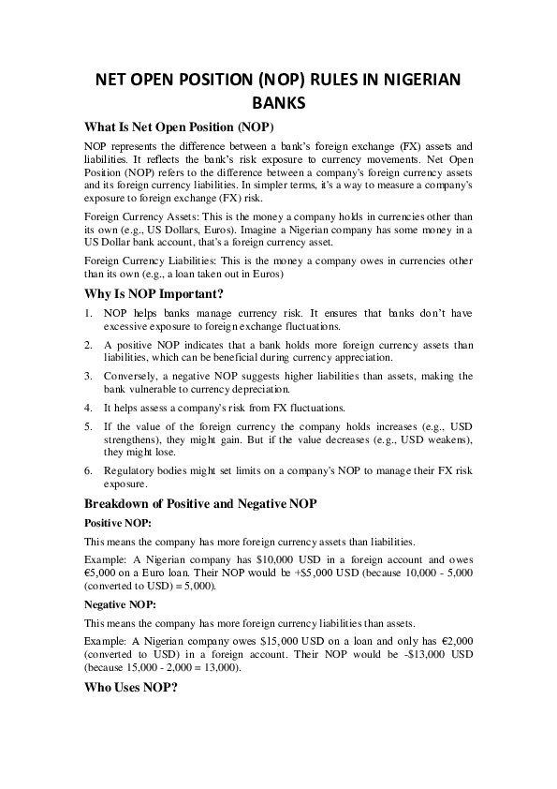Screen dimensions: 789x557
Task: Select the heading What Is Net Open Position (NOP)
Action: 179,127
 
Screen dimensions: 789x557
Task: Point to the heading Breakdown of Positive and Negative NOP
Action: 200,503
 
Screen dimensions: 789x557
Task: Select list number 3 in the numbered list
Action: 88,376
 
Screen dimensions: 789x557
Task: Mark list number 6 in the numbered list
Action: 88,472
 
